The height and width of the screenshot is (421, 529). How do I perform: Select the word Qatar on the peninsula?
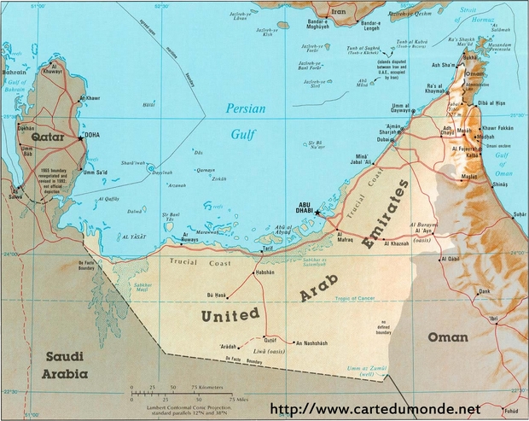(x=49, y=137)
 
